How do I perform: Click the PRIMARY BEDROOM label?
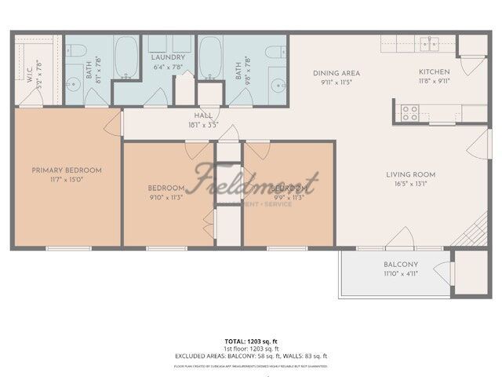(x=67, y=170)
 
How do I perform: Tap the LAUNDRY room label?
(x=168, y=57)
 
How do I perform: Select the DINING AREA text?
(x=336, y=71)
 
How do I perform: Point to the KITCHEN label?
(x=433, y=71)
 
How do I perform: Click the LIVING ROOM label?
(x=410, y=174)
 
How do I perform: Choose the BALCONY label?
(x=401, y=265)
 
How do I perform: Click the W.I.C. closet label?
(x=29, y=75)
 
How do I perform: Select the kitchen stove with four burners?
(x=410, y=112)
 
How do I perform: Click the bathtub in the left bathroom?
(x=126, y=59)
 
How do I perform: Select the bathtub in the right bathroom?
(x=210, y=59)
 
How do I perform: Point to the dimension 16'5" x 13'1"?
(x=410, y=185)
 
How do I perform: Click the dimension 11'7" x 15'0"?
(x=67, y=181)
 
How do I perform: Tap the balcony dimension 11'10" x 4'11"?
(x=401, y=274)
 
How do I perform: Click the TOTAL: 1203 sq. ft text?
(x=251, y=341)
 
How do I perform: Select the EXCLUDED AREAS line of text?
(x=251, y=356)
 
